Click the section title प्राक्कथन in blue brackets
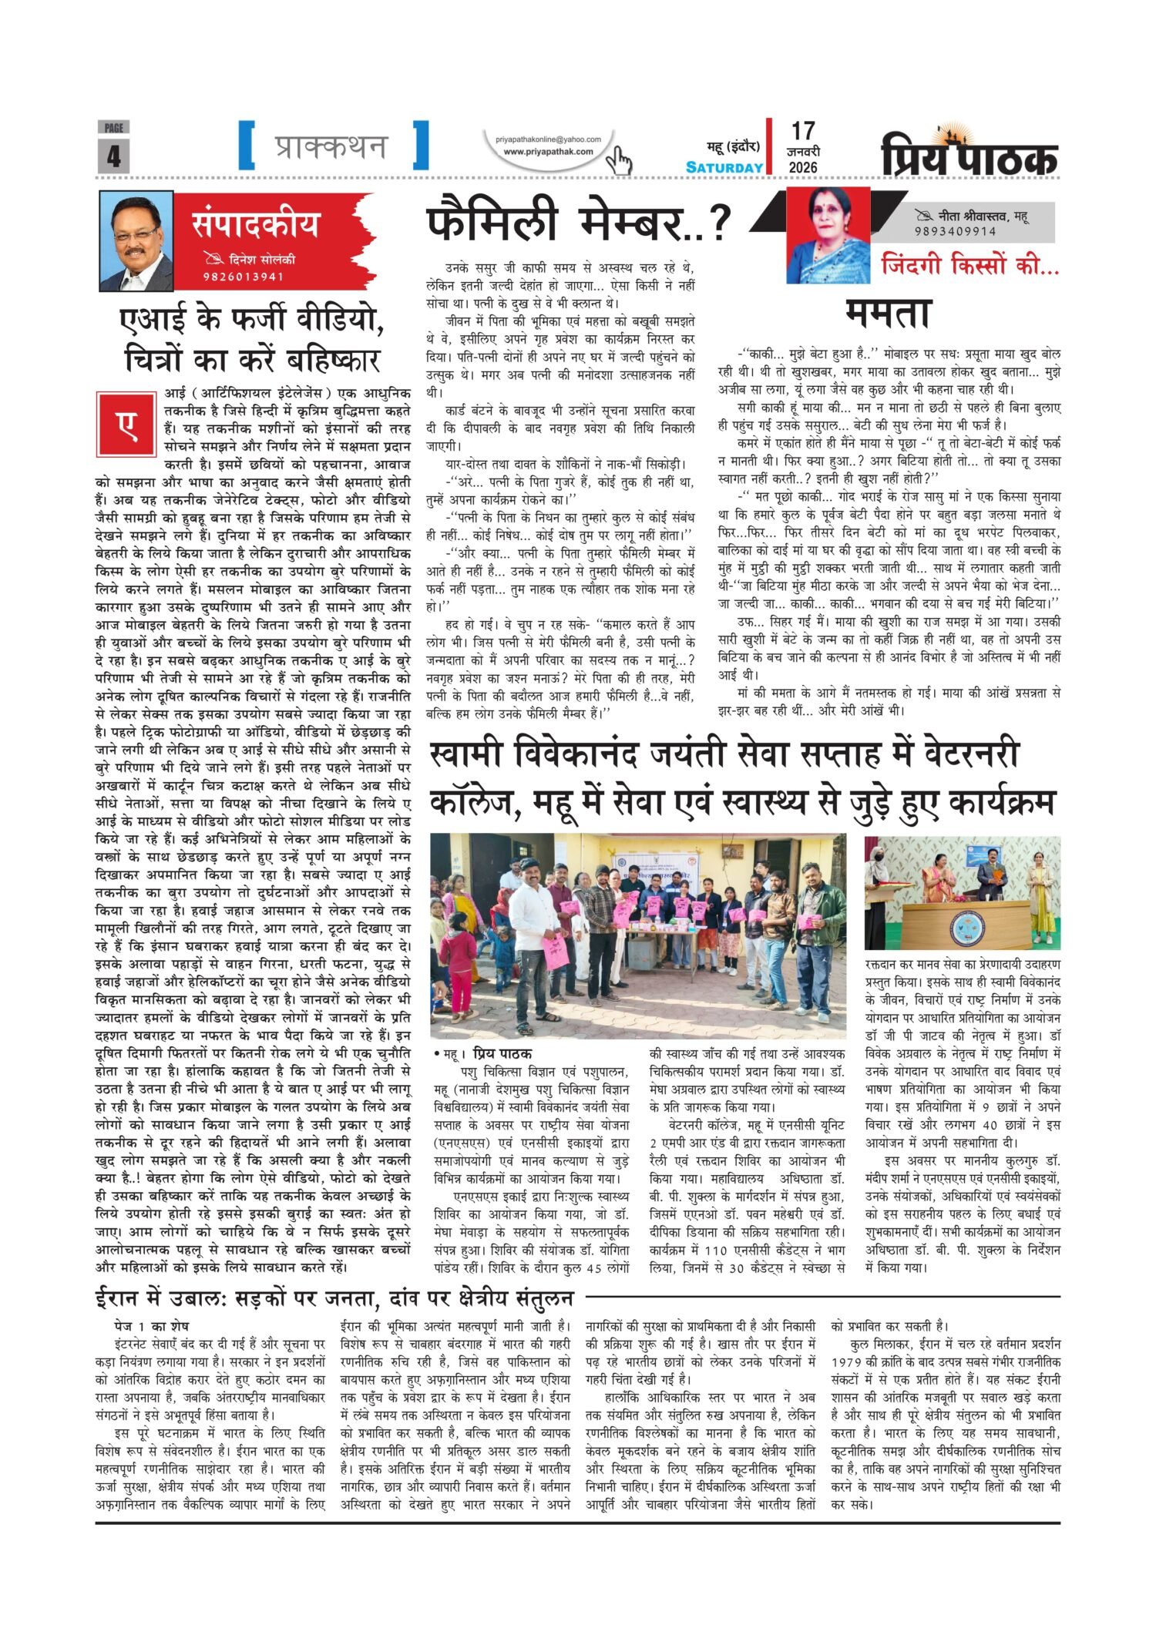click(332, 146)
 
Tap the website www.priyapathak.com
click(548, 152)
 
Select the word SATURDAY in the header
click(724, 167)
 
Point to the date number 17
click(802, 131)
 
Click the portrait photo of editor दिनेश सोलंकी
click(136, 241)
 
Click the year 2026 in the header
click(802, 167)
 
